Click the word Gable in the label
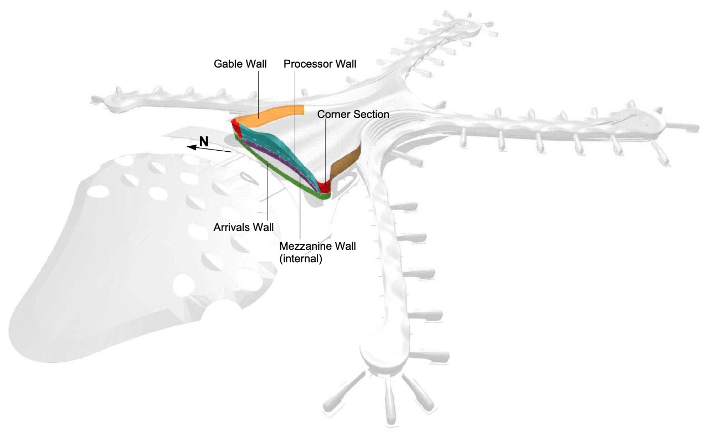click(x=228, y=64)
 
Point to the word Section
click(x=371, y=114)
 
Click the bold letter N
click(x=204, y=141)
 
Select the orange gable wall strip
click(x=271, y=113)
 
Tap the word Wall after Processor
click(x=345, y=64)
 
